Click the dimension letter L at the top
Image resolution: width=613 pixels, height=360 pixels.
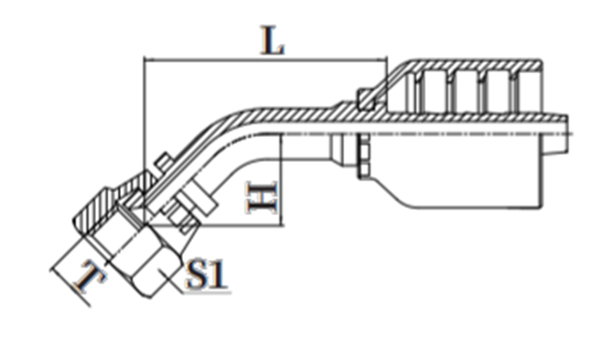(x=273, y=40)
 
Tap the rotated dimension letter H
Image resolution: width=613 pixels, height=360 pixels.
(x=262, y=197)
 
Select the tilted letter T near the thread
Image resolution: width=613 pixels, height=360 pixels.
(x=92, y=277)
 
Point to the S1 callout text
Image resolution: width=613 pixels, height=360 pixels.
(x=207, y=275)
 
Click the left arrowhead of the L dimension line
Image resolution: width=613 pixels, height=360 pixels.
(x=147, y=60)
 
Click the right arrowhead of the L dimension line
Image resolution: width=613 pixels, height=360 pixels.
(x=383, y=60)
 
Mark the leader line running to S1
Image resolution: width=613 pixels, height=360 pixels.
(x=171, y=281)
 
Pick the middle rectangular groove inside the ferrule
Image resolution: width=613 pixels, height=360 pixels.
(x=467, y=92)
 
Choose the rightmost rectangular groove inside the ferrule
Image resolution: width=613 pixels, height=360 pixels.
(x=499, y=92)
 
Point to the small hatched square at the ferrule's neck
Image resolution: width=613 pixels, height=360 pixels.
(x=366, y=99)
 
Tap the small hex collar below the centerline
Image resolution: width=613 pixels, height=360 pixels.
(x=364, y=156)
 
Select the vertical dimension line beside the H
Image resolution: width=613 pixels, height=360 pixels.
(x=282, y=180)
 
